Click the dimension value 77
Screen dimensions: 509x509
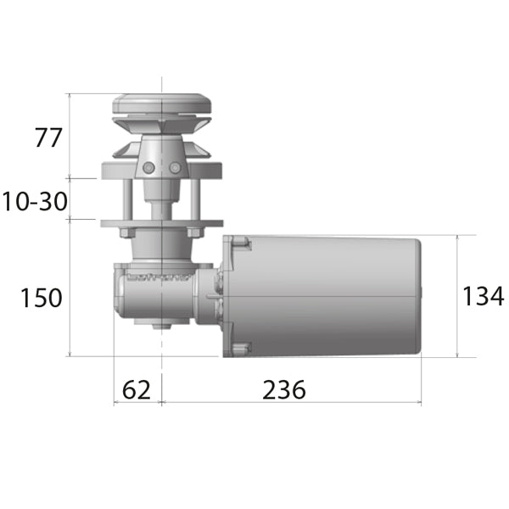pos(48,137)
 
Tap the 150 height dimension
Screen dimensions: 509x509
pos(42,298)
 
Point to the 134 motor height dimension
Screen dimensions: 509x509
pos(483,296)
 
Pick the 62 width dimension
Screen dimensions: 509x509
pos(136,389)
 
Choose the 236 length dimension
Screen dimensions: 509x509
pos(283,389)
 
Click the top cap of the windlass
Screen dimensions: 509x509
pos(160,103)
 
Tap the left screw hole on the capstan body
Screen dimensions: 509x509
pos(149,168)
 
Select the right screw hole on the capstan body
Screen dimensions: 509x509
pos(175,168)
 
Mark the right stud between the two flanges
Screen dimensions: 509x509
pos(194,200)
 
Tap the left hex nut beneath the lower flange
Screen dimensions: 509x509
pos(126,232)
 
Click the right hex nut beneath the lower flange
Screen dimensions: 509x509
pos(194,232)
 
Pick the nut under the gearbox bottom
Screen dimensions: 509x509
pos(159,327)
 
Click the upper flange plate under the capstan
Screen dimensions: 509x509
pos(160,171)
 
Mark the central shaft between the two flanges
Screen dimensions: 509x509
pos(160,204)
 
